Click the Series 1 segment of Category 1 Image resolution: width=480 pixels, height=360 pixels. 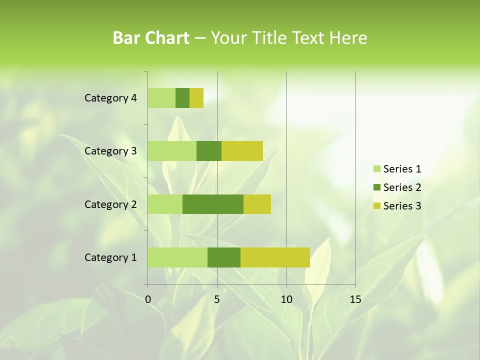[177, 257]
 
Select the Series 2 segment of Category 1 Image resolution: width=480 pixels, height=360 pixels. [224, 257]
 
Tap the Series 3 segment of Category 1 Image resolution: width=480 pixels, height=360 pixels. [275, 257]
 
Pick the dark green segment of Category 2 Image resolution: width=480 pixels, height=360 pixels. [213, 204]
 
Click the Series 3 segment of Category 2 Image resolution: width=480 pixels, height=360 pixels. [257, 204]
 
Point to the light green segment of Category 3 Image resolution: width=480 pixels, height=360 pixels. [172, 151]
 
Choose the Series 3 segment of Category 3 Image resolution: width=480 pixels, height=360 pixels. [242, 151]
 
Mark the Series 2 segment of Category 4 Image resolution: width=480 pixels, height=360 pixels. [182, 98]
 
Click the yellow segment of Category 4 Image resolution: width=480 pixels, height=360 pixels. [196, 98]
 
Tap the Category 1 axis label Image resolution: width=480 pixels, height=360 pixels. [110, 257]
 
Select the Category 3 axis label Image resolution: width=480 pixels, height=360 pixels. [110, 151]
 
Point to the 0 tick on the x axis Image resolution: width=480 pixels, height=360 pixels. [148, 299]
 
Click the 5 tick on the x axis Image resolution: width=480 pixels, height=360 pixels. [217, 299]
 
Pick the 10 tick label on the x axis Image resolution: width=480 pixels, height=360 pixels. [286, 299]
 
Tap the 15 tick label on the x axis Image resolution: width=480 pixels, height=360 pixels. [355, 299]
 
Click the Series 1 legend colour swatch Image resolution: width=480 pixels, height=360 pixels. [376, 169]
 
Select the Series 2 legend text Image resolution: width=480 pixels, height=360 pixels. [402, 187]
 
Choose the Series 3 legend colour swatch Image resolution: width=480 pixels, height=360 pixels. [376, 206]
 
